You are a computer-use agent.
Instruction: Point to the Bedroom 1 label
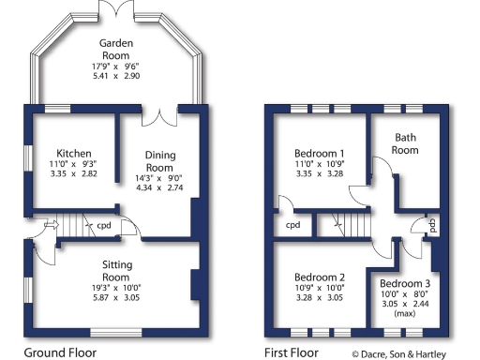point(320,153)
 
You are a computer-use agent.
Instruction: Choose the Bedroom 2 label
point(320,277)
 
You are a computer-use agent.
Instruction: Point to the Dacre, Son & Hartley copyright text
point(412,353)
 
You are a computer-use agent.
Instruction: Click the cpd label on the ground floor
point(105,225)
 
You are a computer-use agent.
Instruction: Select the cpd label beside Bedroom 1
point(292,226)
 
